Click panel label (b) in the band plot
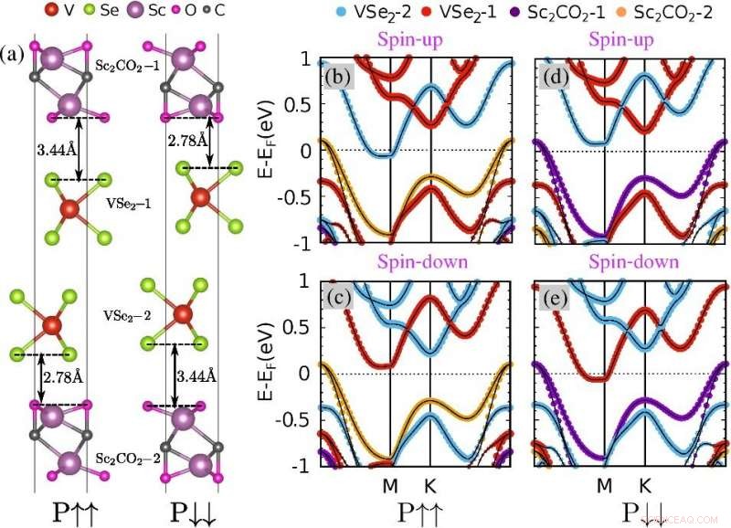tap(336, 75)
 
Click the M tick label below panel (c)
tap(390, 483)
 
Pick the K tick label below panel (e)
tap(645, 483)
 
